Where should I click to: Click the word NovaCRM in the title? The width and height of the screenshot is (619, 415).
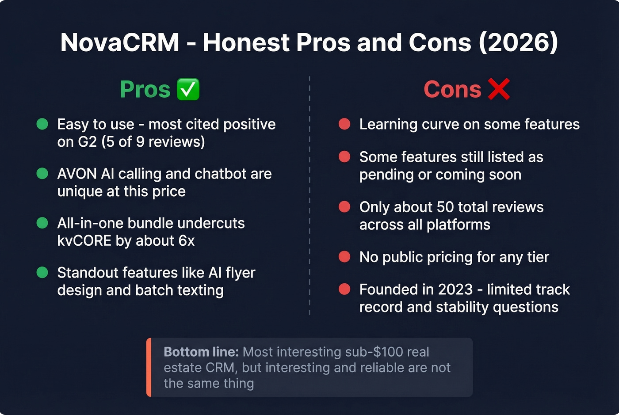[120, 43]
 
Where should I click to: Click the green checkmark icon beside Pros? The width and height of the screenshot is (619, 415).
[188, 89]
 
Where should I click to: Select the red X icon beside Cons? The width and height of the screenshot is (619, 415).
[499, 89]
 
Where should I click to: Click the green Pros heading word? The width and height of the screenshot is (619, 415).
[145, 89]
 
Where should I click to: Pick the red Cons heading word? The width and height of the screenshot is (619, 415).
[452, 89]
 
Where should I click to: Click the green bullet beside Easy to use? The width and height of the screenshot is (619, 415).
[42, 124]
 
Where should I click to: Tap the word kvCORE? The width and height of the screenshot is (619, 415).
[84, 241]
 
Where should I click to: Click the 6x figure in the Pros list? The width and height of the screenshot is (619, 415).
[186, 241]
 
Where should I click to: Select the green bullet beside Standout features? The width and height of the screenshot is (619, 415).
[42, 273]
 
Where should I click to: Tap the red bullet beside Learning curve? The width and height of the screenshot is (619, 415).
[344, 124]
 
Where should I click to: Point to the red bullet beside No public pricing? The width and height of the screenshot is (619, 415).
[344, 257]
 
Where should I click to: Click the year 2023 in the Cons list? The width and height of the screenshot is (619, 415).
[454, 289]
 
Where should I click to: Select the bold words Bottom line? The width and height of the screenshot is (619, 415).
[201, 352]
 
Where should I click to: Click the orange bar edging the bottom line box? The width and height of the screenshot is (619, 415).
[149, 367]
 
